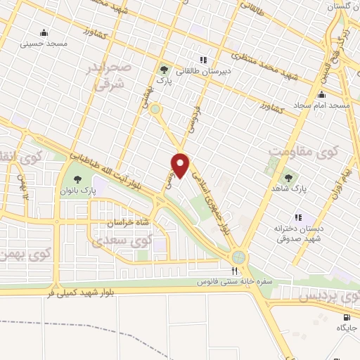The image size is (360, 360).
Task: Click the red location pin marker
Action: point(181,165)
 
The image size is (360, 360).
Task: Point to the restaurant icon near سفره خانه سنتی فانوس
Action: point(236,270)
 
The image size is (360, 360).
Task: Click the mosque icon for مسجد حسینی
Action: point(44,32)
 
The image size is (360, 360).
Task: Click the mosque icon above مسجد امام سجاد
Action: point(322,94)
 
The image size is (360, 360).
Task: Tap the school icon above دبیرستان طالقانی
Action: point(203,59)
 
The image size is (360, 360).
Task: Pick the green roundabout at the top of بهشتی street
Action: point(155,109)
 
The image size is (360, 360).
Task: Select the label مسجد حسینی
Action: point(46,44)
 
